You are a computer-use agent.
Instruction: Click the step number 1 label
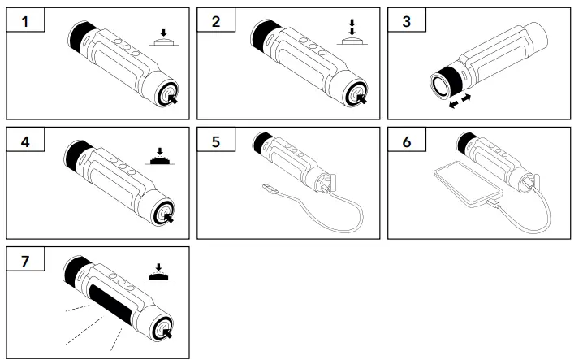[24, 22]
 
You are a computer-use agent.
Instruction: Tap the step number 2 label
[215, 22]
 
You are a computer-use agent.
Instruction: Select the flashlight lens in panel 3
[436, 84]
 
